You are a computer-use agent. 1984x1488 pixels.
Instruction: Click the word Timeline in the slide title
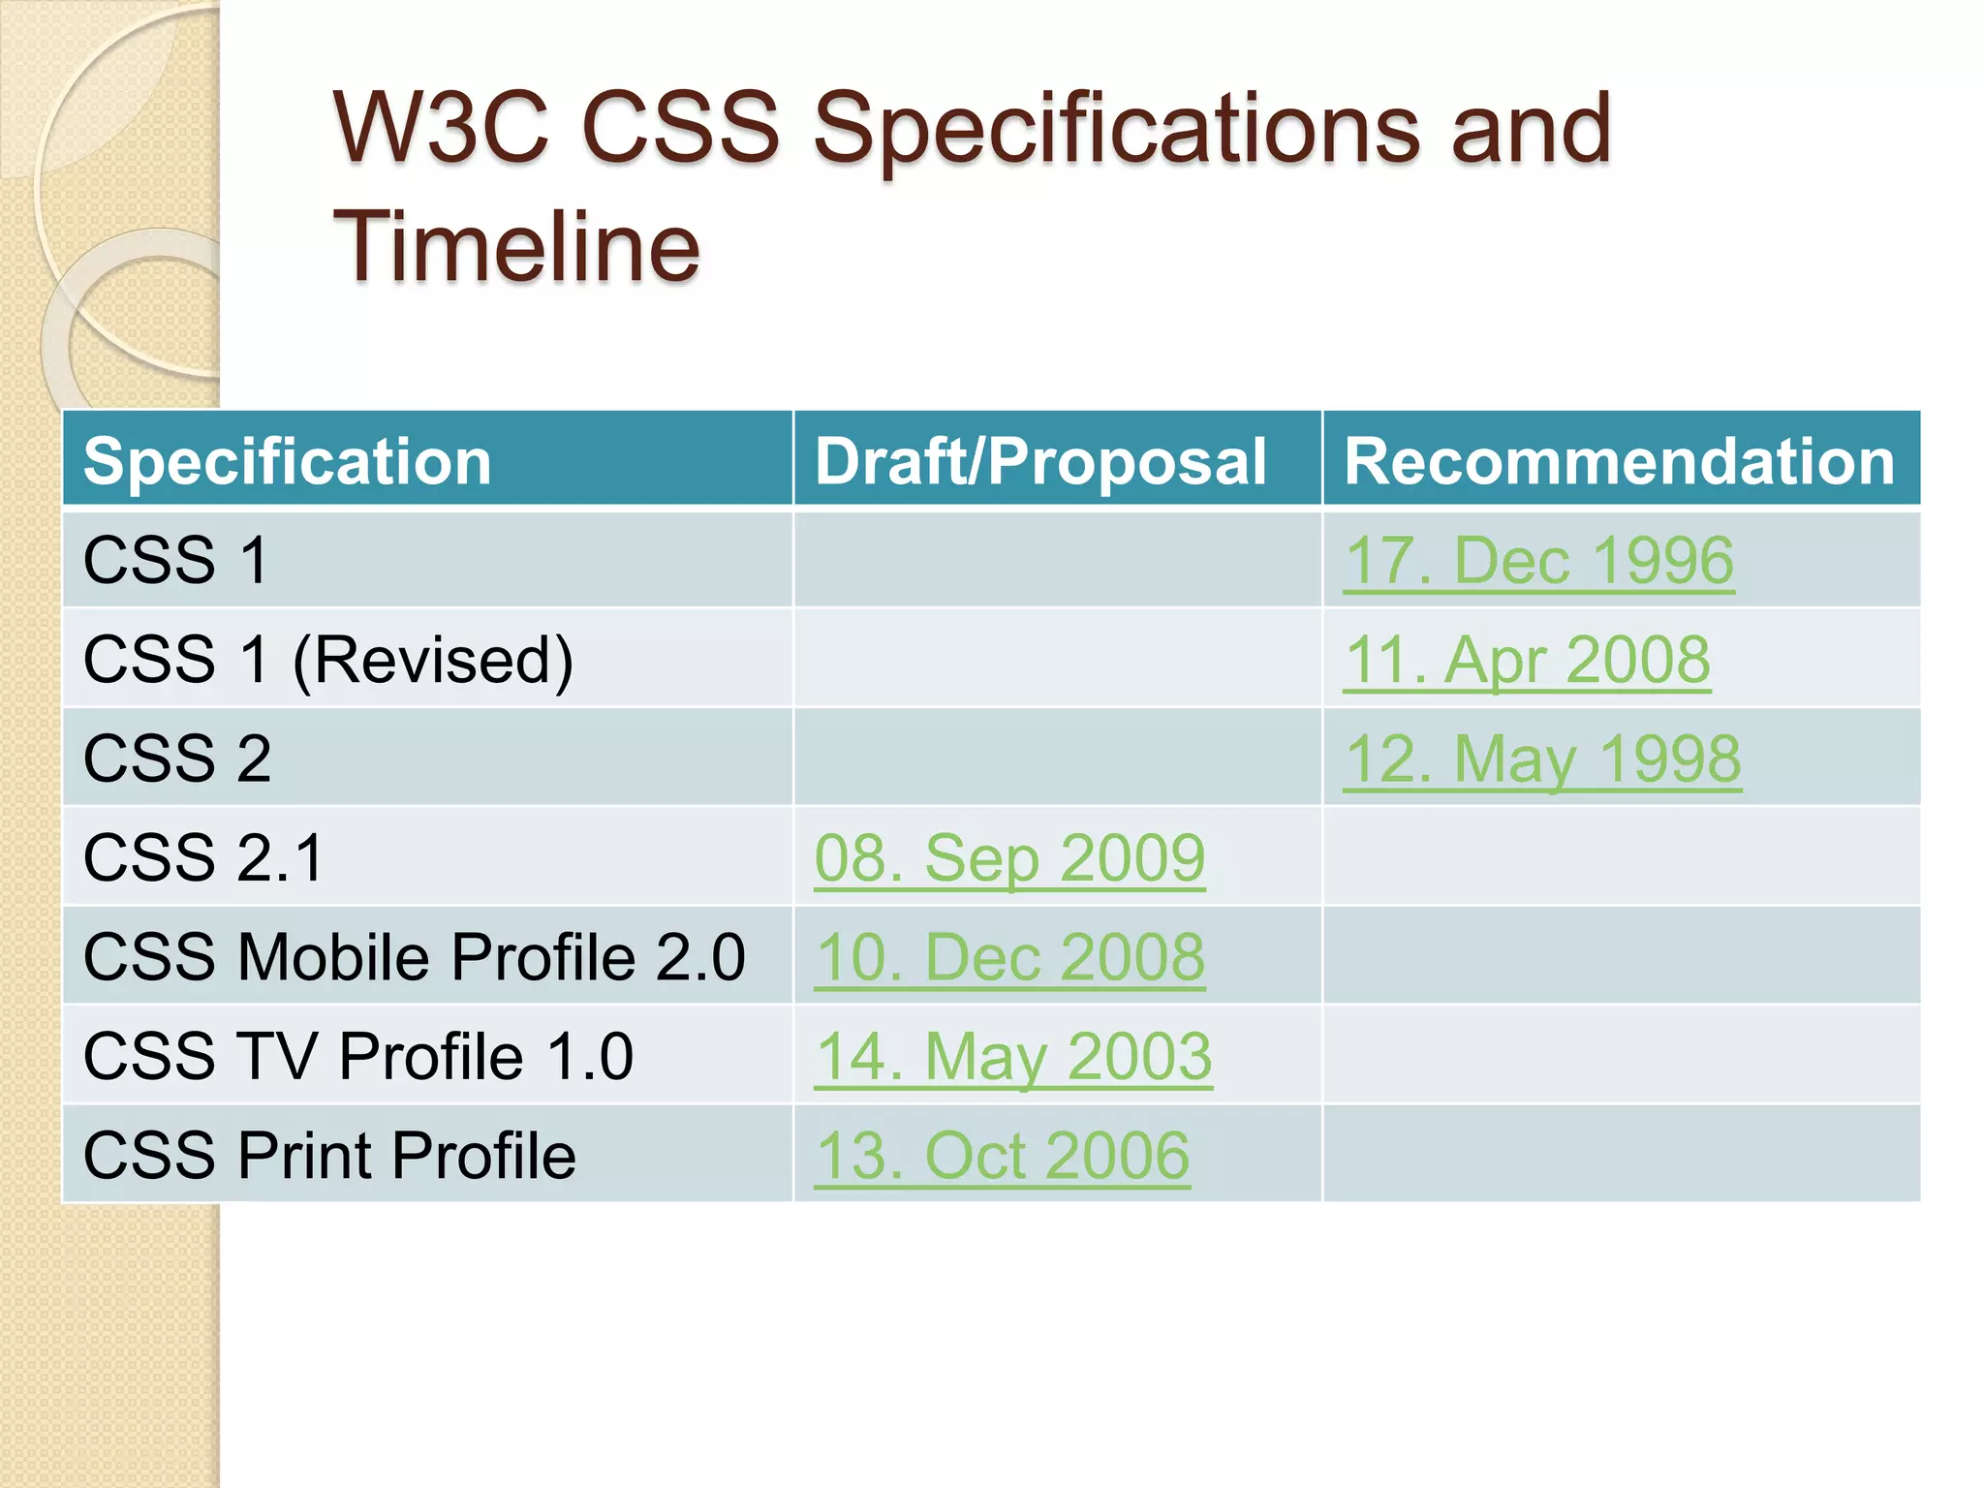(x=515, y=247)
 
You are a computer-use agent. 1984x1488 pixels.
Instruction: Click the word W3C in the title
(x=441, y=128)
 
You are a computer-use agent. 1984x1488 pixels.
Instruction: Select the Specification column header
(x=288, y=461)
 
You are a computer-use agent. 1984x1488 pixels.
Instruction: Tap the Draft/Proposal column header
(x=1039, y=461)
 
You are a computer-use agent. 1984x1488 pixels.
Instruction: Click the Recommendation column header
(x=1619, y=461)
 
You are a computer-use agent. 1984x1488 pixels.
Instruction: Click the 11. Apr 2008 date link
(x=1527, y=660)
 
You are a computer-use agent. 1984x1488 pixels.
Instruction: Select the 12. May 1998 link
(x=1542, y=759)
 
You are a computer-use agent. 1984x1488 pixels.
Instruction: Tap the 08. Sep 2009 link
(x=1009, y=858)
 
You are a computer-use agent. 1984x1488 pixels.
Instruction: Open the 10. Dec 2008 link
(x=1009, y=957)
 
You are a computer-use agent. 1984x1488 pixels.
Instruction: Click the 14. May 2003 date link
(x=1013, y=1056)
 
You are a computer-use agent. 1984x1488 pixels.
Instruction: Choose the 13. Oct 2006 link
(x=1002, y=1156)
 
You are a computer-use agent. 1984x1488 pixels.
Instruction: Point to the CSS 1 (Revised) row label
(x=328, y=660)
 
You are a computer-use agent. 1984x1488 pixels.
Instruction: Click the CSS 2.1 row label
(x=203, y=858)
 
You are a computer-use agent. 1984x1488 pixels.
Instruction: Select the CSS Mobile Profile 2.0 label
(x=415, y=957)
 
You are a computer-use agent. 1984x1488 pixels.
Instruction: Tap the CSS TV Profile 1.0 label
(x=358, y=1056)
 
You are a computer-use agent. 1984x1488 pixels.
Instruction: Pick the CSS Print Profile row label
(x=329, y=1156)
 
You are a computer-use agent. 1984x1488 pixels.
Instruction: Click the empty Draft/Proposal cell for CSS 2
(x=1057, y=758)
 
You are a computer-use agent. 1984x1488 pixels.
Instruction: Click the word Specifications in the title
(x=1114, y=128)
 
